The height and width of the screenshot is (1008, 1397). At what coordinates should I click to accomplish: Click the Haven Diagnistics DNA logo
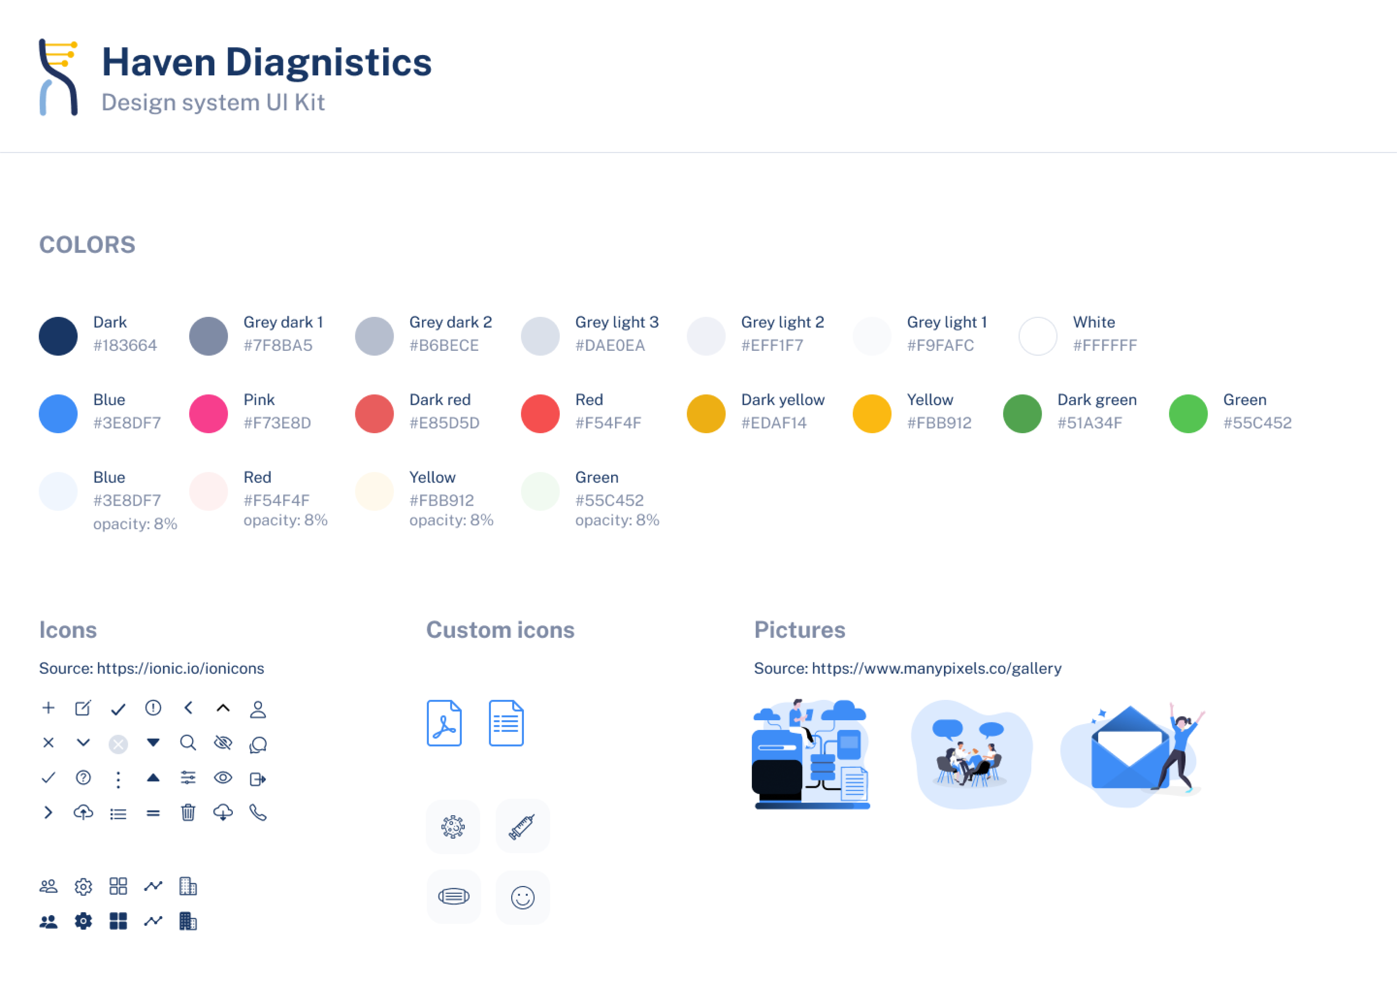(59, 77)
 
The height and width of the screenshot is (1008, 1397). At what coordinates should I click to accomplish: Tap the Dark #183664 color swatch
(58, 336)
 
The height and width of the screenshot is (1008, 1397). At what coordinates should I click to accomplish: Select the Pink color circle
(208, 414)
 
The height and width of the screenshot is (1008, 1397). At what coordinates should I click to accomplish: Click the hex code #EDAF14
(774, 423)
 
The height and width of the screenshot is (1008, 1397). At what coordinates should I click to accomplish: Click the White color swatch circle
(1038, 336)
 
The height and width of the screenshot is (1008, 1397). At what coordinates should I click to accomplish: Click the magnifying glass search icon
(188, 743)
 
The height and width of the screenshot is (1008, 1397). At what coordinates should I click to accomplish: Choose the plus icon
(48, 708)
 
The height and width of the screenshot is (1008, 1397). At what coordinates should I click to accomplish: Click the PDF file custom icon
(444, 723)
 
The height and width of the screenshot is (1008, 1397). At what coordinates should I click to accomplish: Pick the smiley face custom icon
(522, 897)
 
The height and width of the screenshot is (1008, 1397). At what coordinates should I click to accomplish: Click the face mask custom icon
(453, 897)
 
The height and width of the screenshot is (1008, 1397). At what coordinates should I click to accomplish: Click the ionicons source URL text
(180, 669)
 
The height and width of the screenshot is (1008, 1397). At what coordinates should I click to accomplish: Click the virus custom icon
(453, 826)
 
